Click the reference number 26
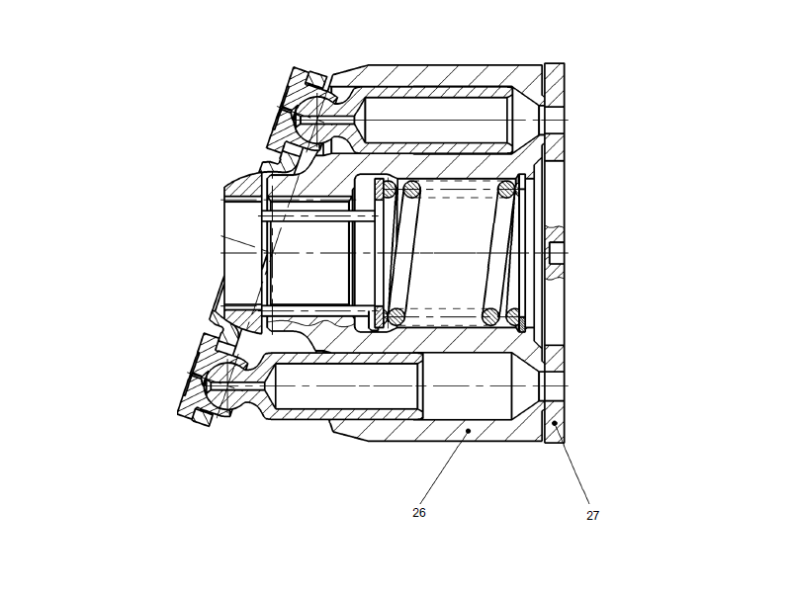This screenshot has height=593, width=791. [x=419, y=513]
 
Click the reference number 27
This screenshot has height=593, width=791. [x=592, y=516]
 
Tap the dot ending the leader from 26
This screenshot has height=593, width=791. [x=468, y=431]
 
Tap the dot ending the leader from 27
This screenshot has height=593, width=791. [x=555, y=423]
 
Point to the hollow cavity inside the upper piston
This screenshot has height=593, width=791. [x=435, y=120]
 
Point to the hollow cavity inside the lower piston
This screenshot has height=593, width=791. [x=346, y=385]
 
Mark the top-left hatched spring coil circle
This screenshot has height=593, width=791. [x=390, y=189]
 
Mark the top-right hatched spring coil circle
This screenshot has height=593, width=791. [x=506, y=189]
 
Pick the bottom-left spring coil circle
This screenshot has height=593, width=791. [x=396, y=317]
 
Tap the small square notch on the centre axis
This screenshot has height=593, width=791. [x=556, y=253]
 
